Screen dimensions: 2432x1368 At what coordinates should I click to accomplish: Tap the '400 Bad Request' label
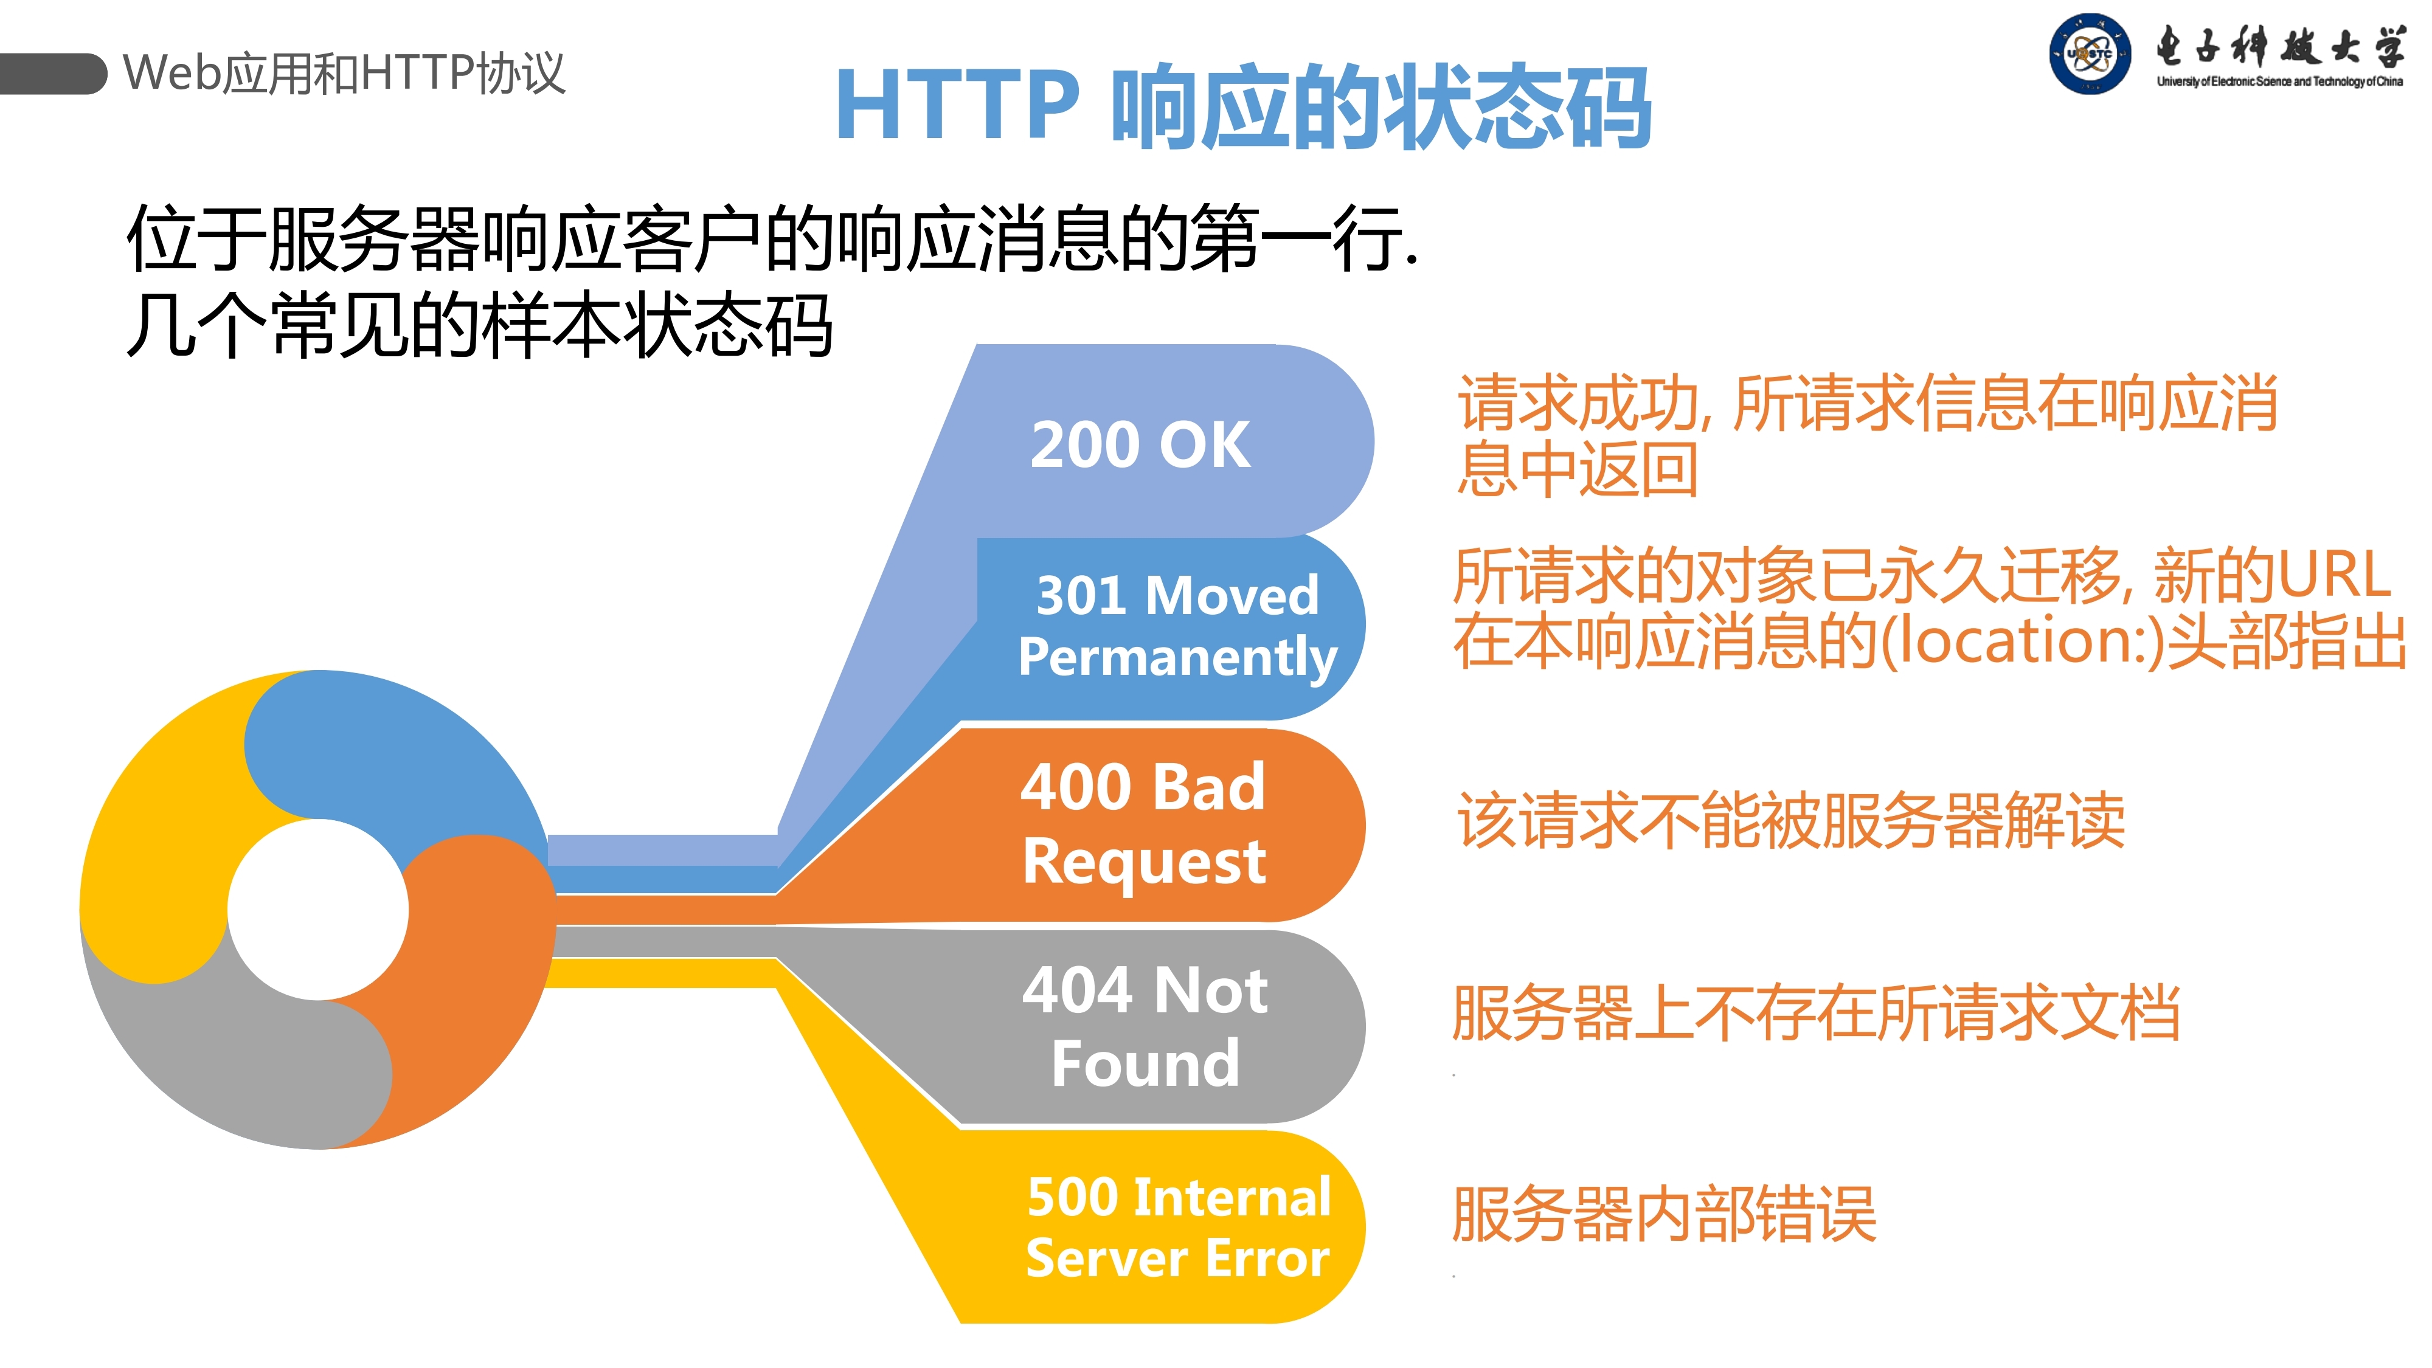1143,823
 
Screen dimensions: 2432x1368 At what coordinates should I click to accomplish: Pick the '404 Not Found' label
1145,1026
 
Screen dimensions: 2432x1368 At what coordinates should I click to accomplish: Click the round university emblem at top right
2089,54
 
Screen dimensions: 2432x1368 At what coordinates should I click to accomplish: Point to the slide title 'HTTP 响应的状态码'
1242,106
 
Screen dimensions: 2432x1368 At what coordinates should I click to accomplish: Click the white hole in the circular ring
318,909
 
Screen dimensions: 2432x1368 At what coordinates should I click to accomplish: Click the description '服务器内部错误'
1663,1214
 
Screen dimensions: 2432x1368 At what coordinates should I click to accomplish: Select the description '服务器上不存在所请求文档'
1815,1013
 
